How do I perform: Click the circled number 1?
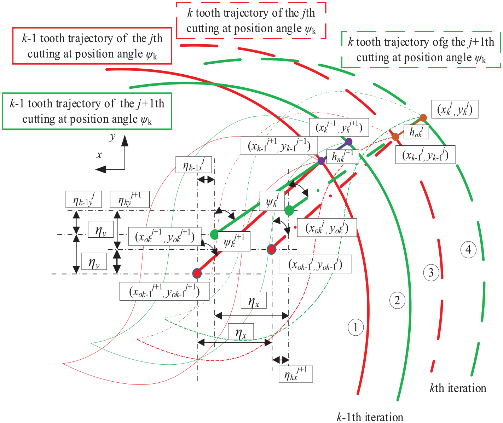tap(355, 328)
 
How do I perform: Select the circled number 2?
tap(397, 300)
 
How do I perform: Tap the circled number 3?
tap(431, 273)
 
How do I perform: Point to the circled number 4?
tap(468, 250)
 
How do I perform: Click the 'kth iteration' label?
tap(458, 388)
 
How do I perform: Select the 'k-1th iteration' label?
tap(370, 417)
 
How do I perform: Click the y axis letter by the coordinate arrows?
tap(112, 137)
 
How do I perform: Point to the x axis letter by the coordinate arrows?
tap(99, 155)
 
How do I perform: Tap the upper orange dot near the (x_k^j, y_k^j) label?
tap(423, 117)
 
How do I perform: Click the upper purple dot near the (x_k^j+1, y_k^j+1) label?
tap(348, 141)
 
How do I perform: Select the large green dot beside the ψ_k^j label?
tap(289, 210)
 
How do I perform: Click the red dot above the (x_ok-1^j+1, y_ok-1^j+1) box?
tap(197, 273)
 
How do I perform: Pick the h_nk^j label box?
tap(416, 132)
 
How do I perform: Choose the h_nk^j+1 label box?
tap(342, 157)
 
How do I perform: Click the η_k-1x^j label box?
tap(194, 164)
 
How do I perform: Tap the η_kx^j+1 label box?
tap(296, 374)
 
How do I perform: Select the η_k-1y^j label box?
tap(83, 199)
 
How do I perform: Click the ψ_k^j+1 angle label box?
tap(234, 241)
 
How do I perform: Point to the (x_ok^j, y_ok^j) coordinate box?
tap(327, 227)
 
